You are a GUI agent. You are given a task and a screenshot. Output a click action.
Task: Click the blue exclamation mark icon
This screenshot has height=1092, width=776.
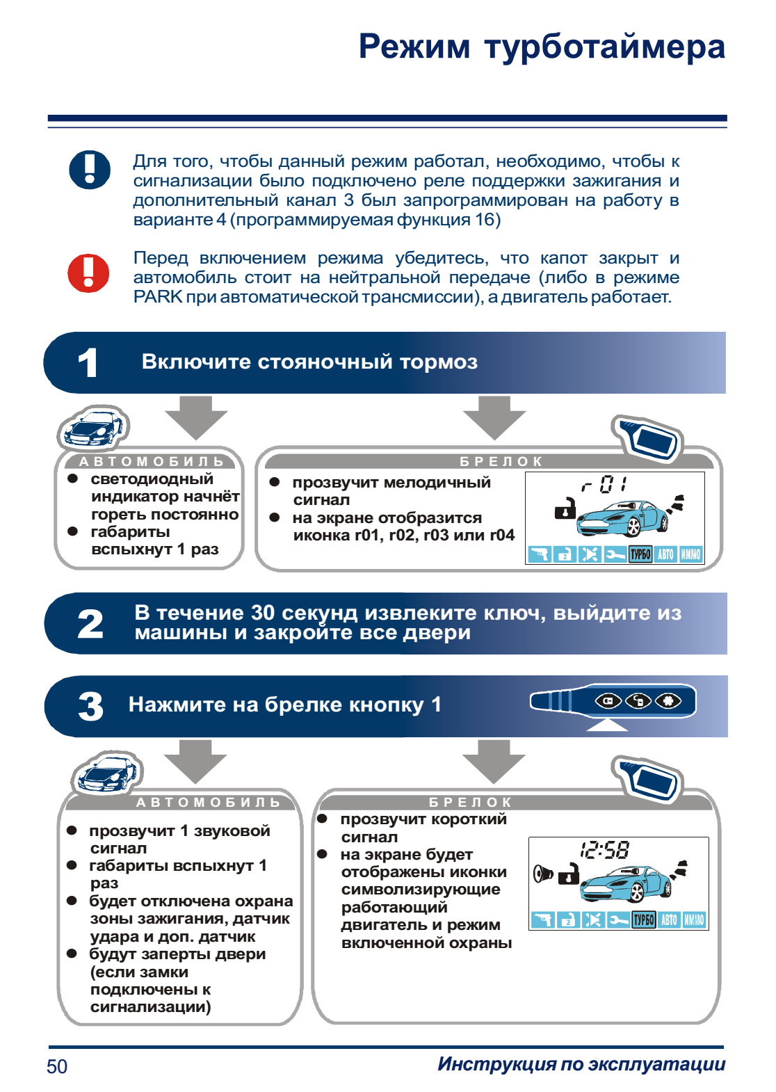[90, 170]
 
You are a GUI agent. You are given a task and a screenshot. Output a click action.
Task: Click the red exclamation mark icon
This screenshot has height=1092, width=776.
[88, 273]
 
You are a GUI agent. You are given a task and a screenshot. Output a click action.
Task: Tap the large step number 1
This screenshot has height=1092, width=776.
[88, 363]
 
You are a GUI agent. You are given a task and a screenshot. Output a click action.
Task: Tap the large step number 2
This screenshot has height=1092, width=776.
[90, 624]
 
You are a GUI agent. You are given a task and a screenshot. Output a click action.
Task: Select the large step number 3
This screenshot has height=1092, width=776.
[91, 707]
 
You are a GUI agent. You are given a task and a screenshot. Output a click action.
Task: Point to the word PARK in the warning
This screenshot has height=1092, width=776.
[158, 297]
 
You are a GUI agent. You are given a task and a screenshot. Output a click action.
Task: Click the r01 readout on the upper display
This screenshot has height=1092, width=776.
[604, 484]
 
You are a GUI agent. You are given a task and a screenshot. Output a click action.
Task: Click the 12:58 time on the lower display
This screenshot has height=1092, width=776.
[604, 849]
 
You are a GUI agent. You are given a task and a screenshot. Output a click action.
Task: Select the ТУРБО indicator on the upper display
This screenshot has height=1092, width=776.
[640, 554]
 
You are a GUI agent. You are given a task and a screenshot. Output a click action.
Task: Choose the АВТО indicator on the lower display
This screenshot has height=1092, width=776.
[669, 920]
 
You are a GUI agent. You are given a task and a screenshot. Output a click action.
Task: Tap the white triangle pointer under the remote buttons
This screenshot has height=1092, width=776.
[607, 725]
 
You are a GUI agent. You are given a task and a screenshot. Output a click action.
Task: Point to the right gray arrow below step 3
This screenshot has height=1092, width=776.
[494, 760]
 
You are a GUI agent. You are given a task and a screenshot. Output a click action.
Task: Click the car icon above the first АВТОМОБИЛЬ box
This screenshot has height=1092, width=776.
[93, 428]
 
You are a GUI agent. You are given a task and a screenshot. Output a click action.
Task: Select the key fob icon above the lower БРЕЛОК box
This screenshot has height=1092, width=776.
[647, 778]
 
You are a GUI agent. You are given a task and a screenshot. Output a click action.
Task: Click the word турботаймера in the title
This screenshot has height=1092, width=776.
[604, 47]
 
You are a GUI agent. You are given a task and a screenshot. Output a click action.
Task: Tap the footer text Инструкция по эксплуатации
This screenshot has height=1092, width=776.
[581, 1064]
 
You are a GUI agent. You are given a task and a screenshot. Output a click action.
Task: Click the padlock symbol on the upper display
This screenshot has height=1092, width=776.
[565, 509]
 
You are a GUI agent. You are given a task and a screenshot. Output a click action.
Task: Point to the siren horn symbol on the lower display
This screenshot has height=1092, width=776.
[542, 874]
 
